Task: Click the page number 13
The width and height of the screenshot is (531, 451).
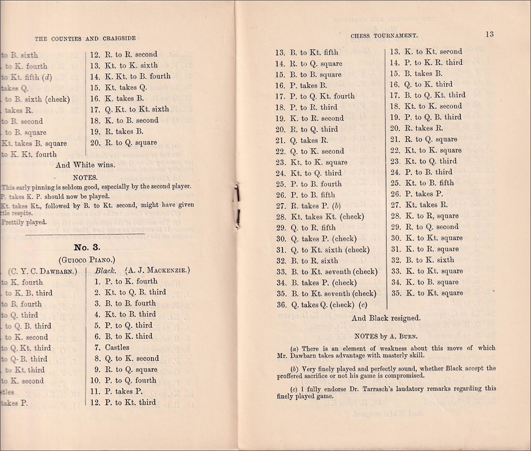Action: (489, 34)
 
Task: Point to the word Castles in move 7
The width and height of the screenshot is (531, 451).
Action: (117, 348)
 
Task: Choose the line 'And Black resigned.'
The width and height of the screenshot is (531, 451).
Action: (386, 318)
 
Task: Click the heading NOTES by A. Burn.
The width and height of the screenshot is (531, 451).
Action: (386, 336)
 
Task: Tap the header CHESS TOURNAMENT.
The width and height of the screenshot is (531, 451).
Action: (384, 36)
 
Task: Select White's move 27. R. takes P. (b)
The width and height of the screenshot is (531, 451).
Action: (311, 205)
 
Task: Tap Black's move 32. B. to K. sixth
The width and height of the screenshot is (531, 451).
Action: (422, 260)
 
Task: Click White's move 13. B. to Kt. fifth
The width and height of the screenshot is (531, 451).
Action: (306, 53)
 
